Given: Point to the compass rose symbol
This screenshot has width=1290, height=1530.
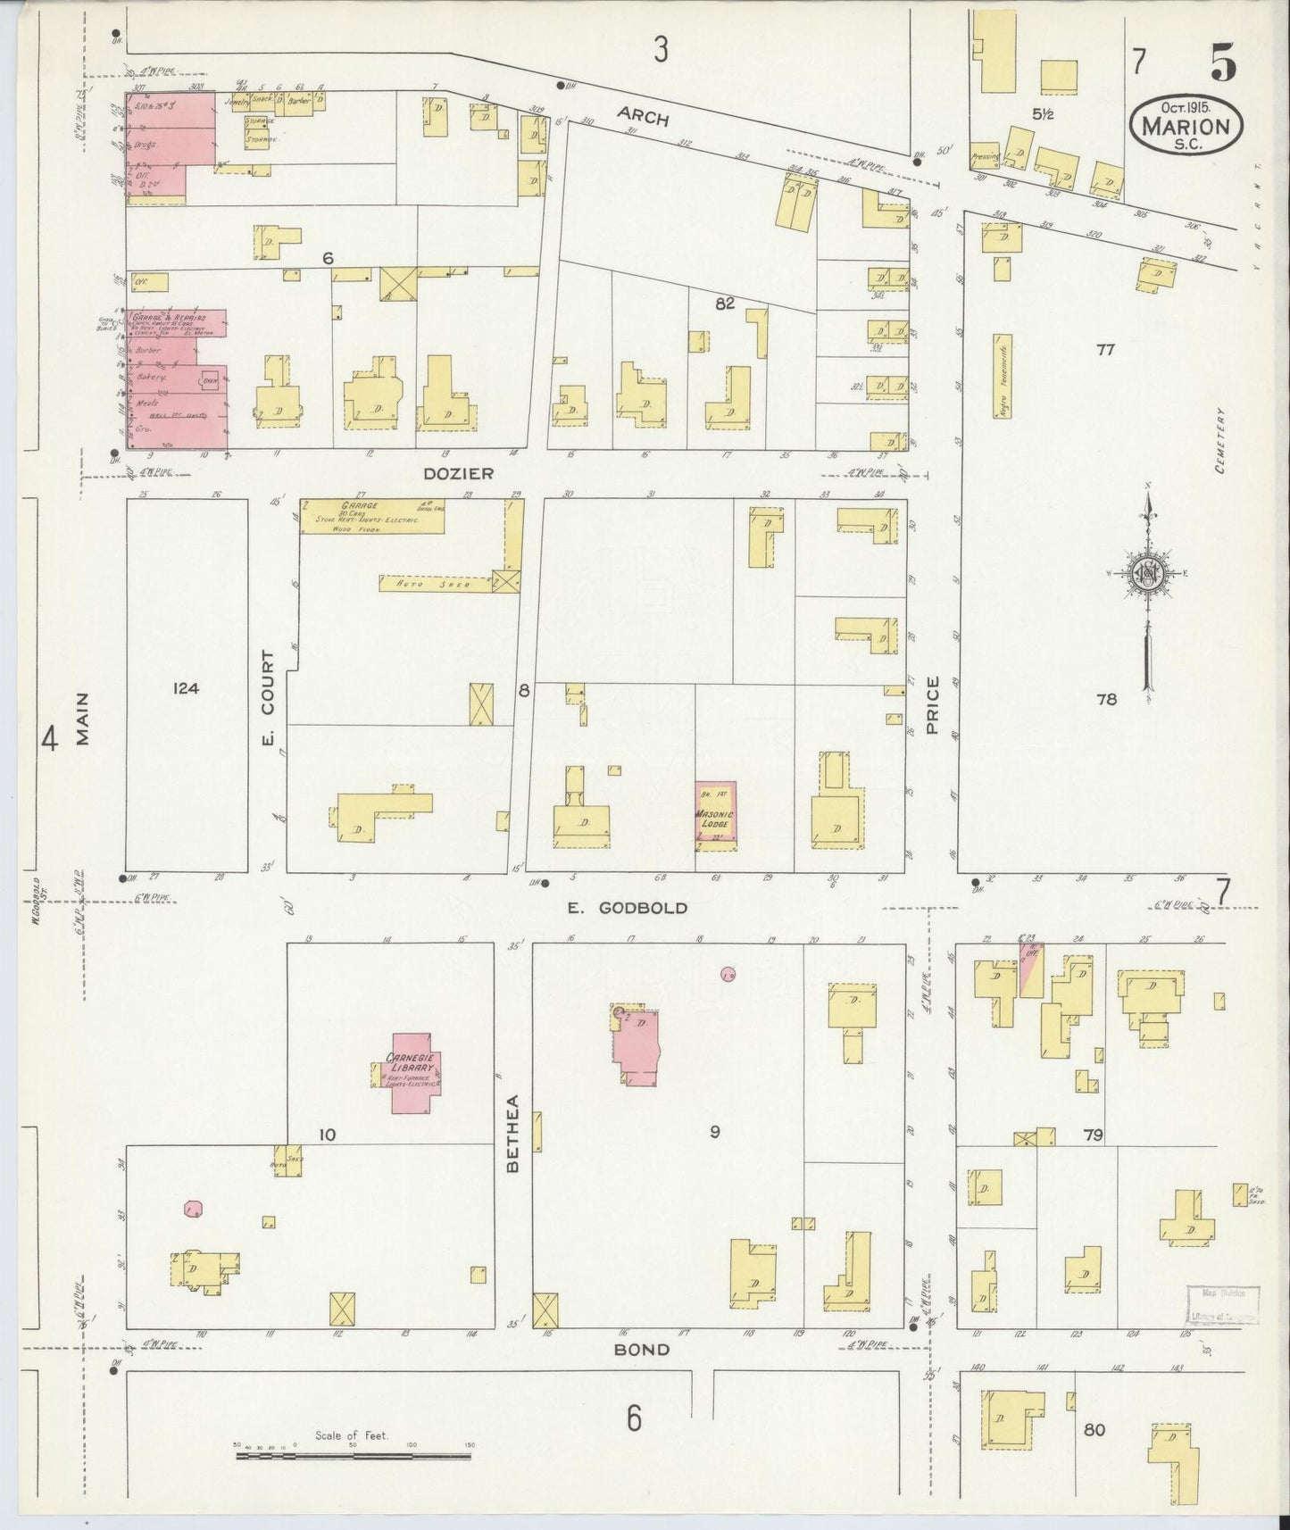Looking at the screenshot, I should coord(1146,573).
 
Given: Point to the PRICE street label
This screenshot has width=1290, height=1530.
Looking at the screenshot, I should coord(933,705).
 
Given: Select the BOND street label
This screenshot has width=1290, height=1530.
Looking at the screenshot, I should coord(641,1350).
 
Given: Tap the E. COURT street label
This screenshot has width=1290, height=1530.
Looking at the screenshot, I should coord(269,707).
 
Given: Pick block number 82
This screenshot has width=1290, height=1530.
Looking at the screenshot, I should coord(724,304).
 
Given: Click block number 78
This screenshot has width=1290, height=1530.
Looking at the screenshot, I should coord(1106,700).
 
